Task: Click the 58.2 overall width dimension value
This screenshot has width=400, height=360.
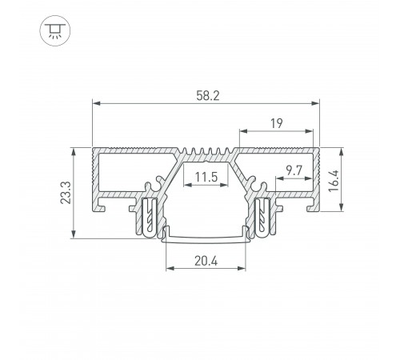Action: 208,96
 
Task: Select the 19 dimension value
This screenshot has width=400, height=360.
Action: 276,123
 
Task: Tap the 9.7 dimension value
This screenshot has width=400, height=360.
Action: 294,170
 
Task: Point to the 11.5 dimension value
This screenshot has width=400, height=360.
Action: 206,177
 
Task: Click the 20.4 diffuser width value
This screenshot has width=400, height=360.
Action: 206,261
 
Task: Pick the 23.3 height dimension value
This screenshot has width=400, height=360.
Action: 66,193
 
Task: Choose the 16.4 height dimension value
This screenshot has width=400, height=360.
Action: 334,181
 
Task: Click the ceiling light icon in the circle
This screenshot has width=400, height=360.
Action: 55,30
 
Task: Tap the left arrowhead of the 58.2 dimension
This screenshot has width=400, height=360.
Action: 96,103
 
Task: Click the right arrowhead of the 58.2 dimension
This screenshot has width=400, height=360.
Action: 315,103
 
